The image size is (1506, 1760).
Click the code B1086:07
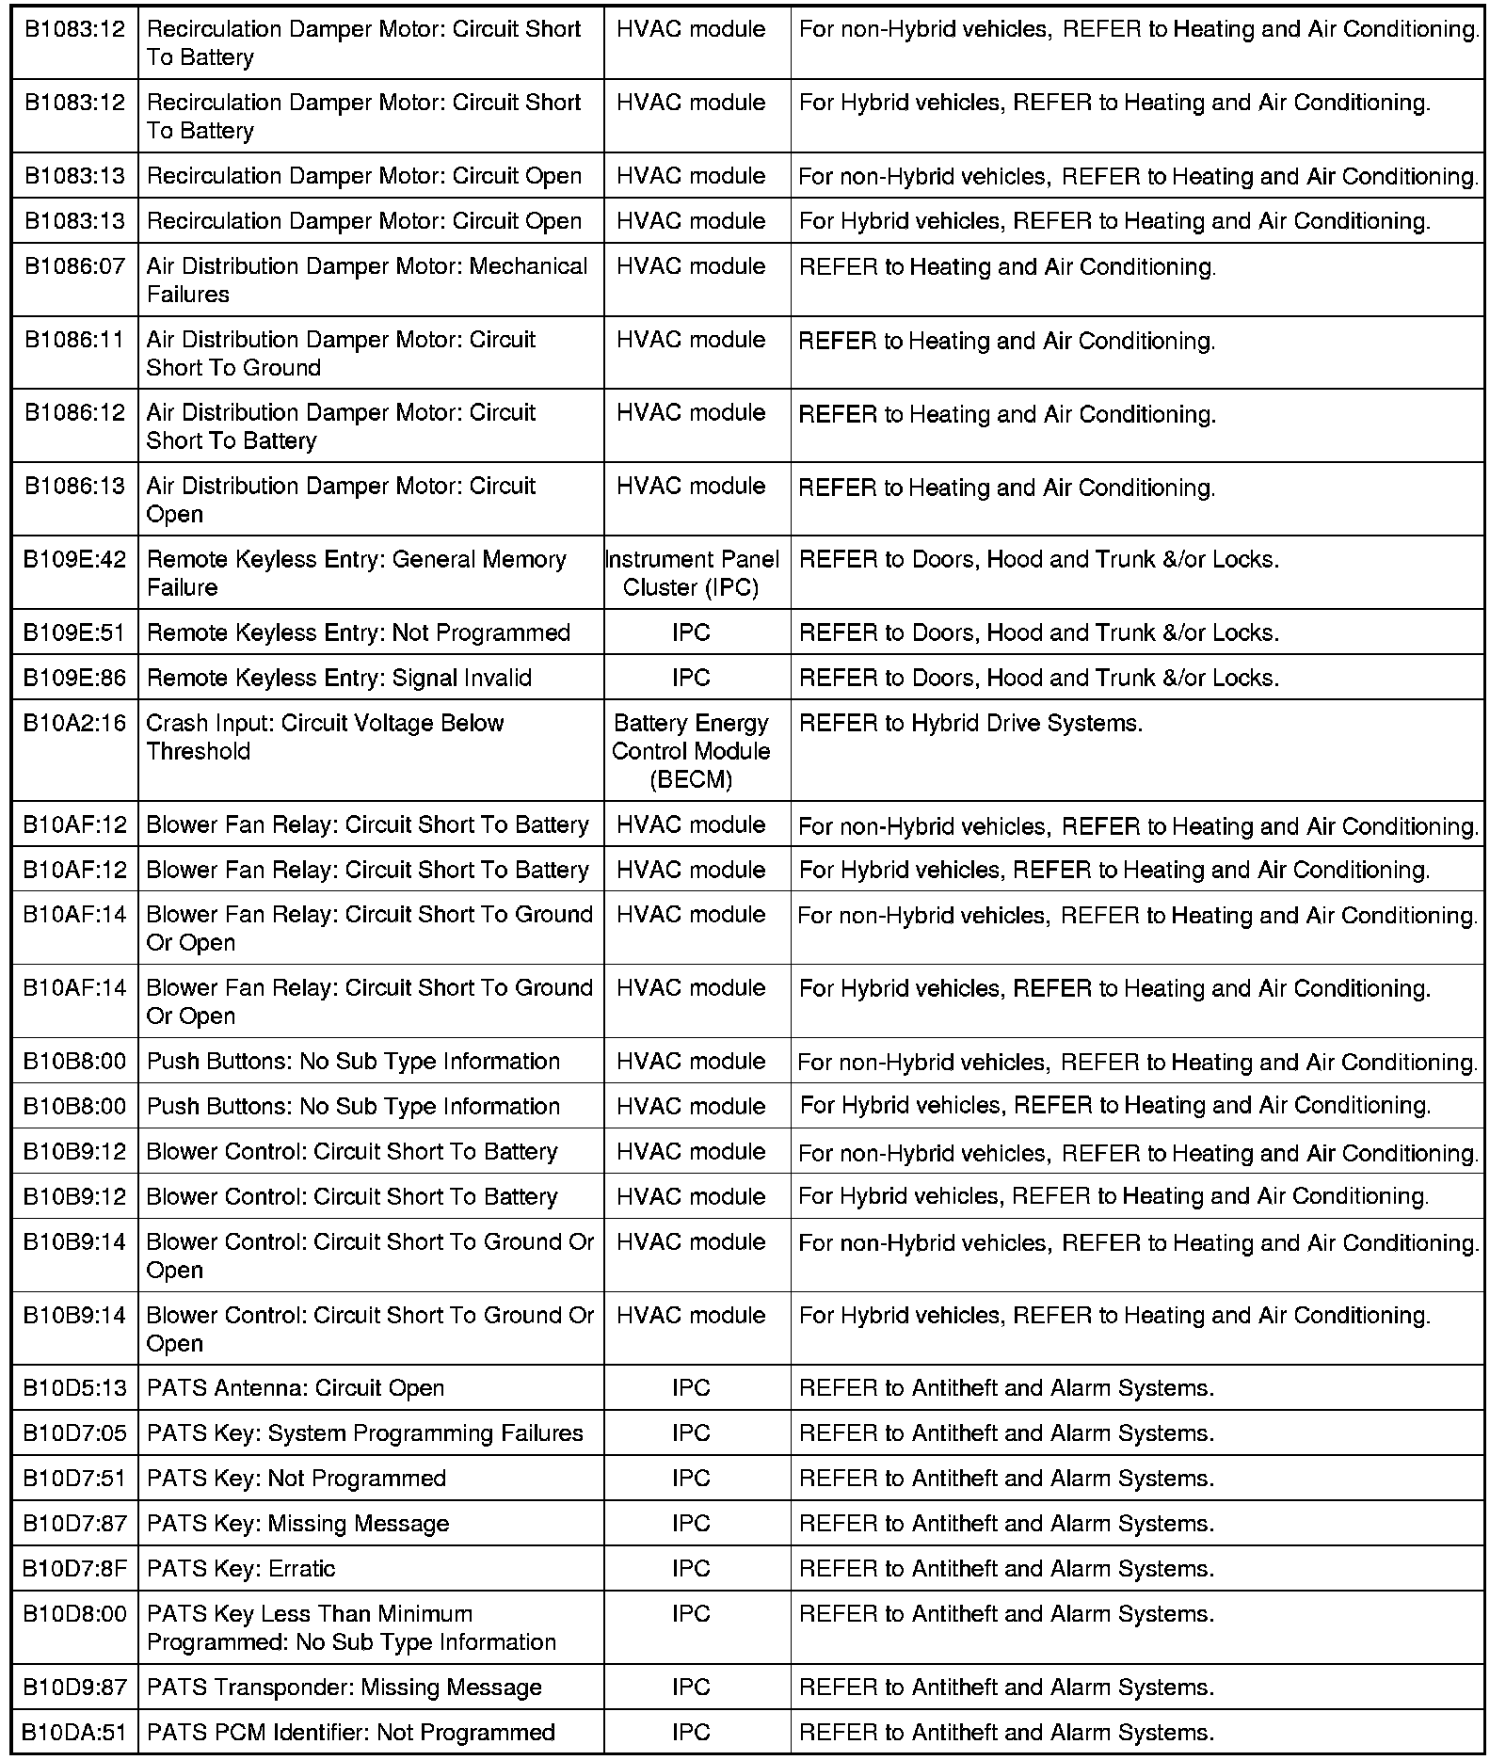tap(74, 266)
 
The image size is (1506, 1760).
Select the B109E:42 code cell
tap(74, 559)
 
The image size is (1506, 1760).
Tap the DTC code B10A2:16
tap(74, 723)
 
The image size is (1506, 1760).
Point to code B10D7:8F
tap(74, 1568)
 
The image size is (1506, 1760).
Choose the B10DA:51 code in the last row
tap(74, 1732)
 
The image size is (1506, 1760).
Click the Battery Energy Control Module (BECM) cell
tap(691, 751)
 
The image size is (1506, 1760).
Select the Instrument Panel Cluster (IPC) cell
tap(691, 573)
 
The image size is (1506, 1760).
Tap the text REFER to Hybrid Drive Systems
tap(970, 723)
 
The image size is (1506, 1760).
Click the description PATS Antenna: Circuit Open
tap(296, 1387)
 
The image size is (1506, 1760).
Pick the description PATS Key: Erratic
tap(241, 1568)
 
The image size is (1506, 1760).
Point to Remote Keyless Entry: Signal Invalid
tap(339, 678)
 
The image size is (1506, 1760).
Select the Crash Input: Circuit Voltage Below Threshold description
tap(325, 737)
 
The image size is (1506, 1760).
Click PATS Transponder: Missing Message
tap(344, 1687)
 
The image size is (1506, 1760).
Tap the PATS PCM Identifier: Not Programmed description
tap(351, 1732)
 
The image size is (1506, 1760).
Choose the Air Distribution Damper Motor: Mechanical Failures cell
tap(367, 280)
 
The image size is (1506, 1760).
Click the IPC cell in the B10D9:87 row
tap(691, 1687)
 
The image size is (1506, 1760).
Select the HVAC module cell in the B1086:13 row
tap(691, 486)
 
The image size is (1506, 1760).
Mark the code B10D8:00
tap(74, 1613)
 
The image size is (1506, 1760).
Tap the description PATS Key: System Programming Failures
tap(365, 1432)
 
